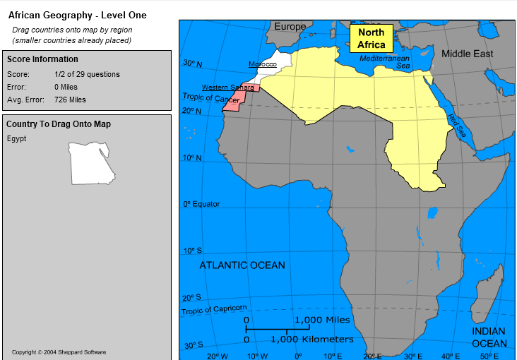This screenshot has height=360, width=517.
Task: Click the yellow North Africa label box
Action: coord(371,38)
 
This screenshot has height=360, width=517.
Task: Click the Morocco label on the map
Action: coord(262,64)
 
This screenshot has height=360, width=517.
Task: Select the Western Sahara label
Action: coord(227,88)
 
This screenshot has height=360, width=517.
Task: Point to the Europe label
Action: coord(290,27)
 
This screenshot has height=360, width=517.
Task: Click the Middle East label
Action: coord(467,54)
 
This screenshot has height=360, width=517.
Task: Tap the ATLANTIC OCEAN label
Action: coord(242,265)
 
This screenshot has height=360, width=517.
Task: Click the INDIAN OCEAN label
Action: coord(489,337)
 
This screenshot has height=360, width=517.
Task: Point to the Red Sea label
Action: coord(456,126)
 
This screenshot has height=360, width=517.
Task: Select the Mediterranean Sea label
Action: coord(385,61)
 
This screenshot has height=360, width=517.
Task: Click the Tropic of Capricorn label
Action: coord(214,309)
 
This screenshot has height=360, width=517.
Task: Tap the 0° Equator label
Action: coord(201,204)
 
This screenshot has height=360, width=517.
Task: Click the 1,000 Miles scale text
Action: coord(322,320)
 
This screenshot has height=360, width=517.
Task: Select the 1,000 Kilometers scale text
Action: coord(311,340)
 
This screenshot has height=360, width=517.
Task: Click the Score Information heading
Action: coord(42,59)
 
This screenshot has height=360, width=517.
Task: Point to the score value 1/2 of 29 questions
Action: coord(87,74)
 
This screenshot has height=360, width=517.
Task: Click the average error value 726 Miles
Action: coord(70,100)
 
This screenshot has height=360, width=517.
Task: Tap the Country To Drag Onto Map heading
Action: coord(58,124)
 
